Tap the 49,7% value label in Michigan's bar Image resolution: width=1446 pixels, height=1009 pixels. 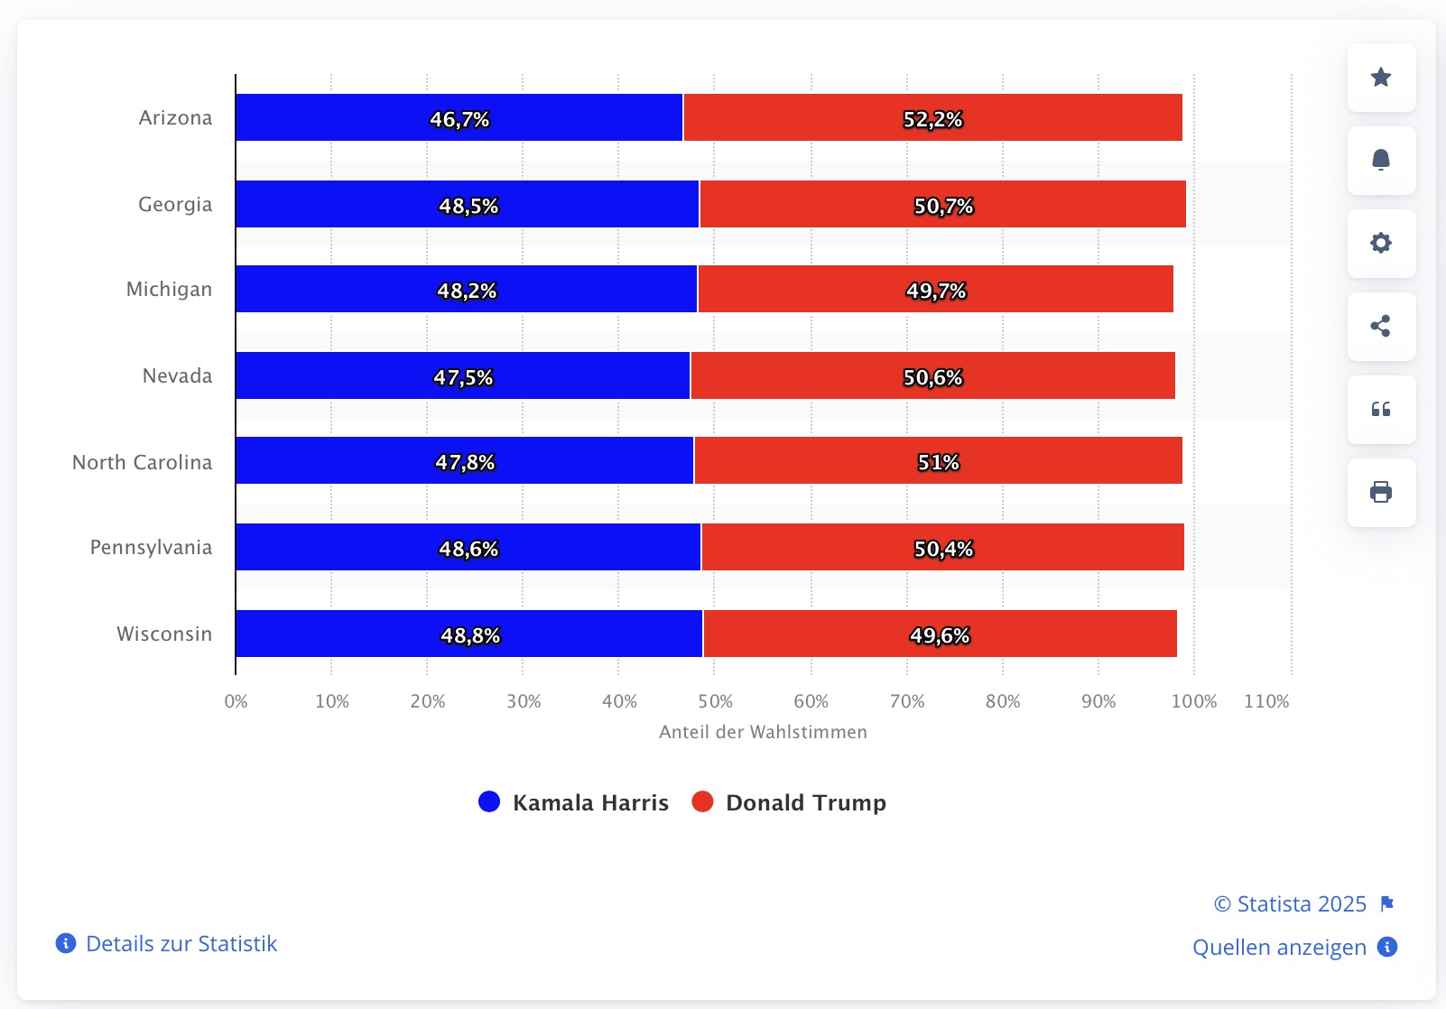click(936, 291)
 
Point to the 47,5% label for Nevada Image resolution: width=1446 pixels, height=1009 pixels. click(463, 377)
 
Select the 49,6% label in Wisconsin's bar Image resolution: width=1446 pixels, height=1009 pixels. click(940, 635)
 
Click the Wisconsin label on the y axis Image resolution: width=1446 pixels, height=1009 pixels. click(164, 634)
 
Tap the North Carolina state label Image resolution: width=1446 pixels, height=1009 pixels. click(143, 462)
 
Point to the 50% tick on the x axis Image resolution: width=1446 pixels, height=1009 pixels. click(715, 701)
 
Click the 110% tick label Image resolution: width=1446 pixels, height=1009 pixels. click(1266, 701)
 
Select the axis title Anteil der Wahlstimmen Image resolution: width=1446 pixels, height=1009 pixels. click(763, 732)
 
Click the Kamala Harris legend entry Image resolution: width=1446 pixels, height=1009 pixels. click(590, 802)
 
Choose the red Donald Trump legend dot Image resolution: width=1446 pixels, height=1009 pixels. click(702, 801)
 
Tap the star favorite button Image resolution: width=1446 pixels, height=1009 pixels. click(1381, 78)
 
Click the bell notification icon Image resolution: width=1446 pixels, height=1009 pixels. click(1381, 161)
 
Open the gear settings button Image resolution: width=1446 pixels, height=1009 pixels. click(1381, 244)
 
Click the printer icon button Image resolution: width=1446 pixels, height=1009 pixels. click(1381, 493)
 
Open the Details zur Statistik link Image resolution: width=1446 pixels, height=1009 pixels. click(181, 943)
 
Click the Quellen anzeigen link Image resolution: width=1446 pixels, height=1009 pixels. click(1279, 947)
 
